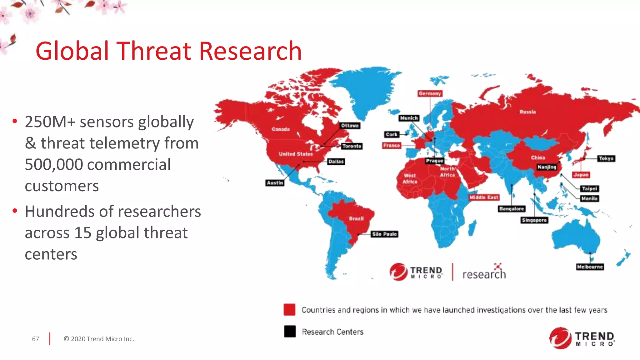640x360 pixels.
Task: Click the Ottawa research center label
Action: coord(350,126)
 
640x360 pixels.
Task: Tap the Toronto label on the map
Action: coord(352,146)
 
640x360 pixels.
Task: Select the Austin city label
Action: coord(275,183)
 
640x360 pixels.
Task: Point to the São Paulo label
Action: coord(384,234)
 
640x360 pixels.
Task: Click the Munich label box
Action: coord(409,118)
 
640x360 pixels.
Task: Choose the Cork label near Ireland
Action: coord(391,134)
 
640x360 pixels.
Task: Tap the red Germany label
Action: coord(430,93)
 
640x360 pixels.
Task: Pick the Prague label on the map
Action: coord(434,161)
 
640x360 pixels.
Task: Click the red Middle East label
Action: coord(484,197)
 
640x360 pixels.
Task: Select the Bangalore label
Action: coord(511,209)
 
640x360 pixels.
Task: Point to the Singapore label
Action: coord(534,220)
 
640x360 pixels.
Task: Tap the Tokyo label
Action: coord(606,158)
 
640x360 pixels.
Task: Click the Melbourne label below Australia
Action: coord(589,267)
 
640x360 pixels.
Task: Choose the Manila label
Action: coord(589,198)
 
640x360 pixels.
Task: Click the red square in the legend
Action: coord(289,309)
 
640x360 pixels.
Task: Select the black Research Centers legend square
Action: coord(290,331)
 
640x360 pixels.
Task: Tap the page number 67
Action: coord(36,339)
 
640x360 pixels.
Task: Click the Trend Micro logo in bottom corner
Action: coord(582,338)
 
